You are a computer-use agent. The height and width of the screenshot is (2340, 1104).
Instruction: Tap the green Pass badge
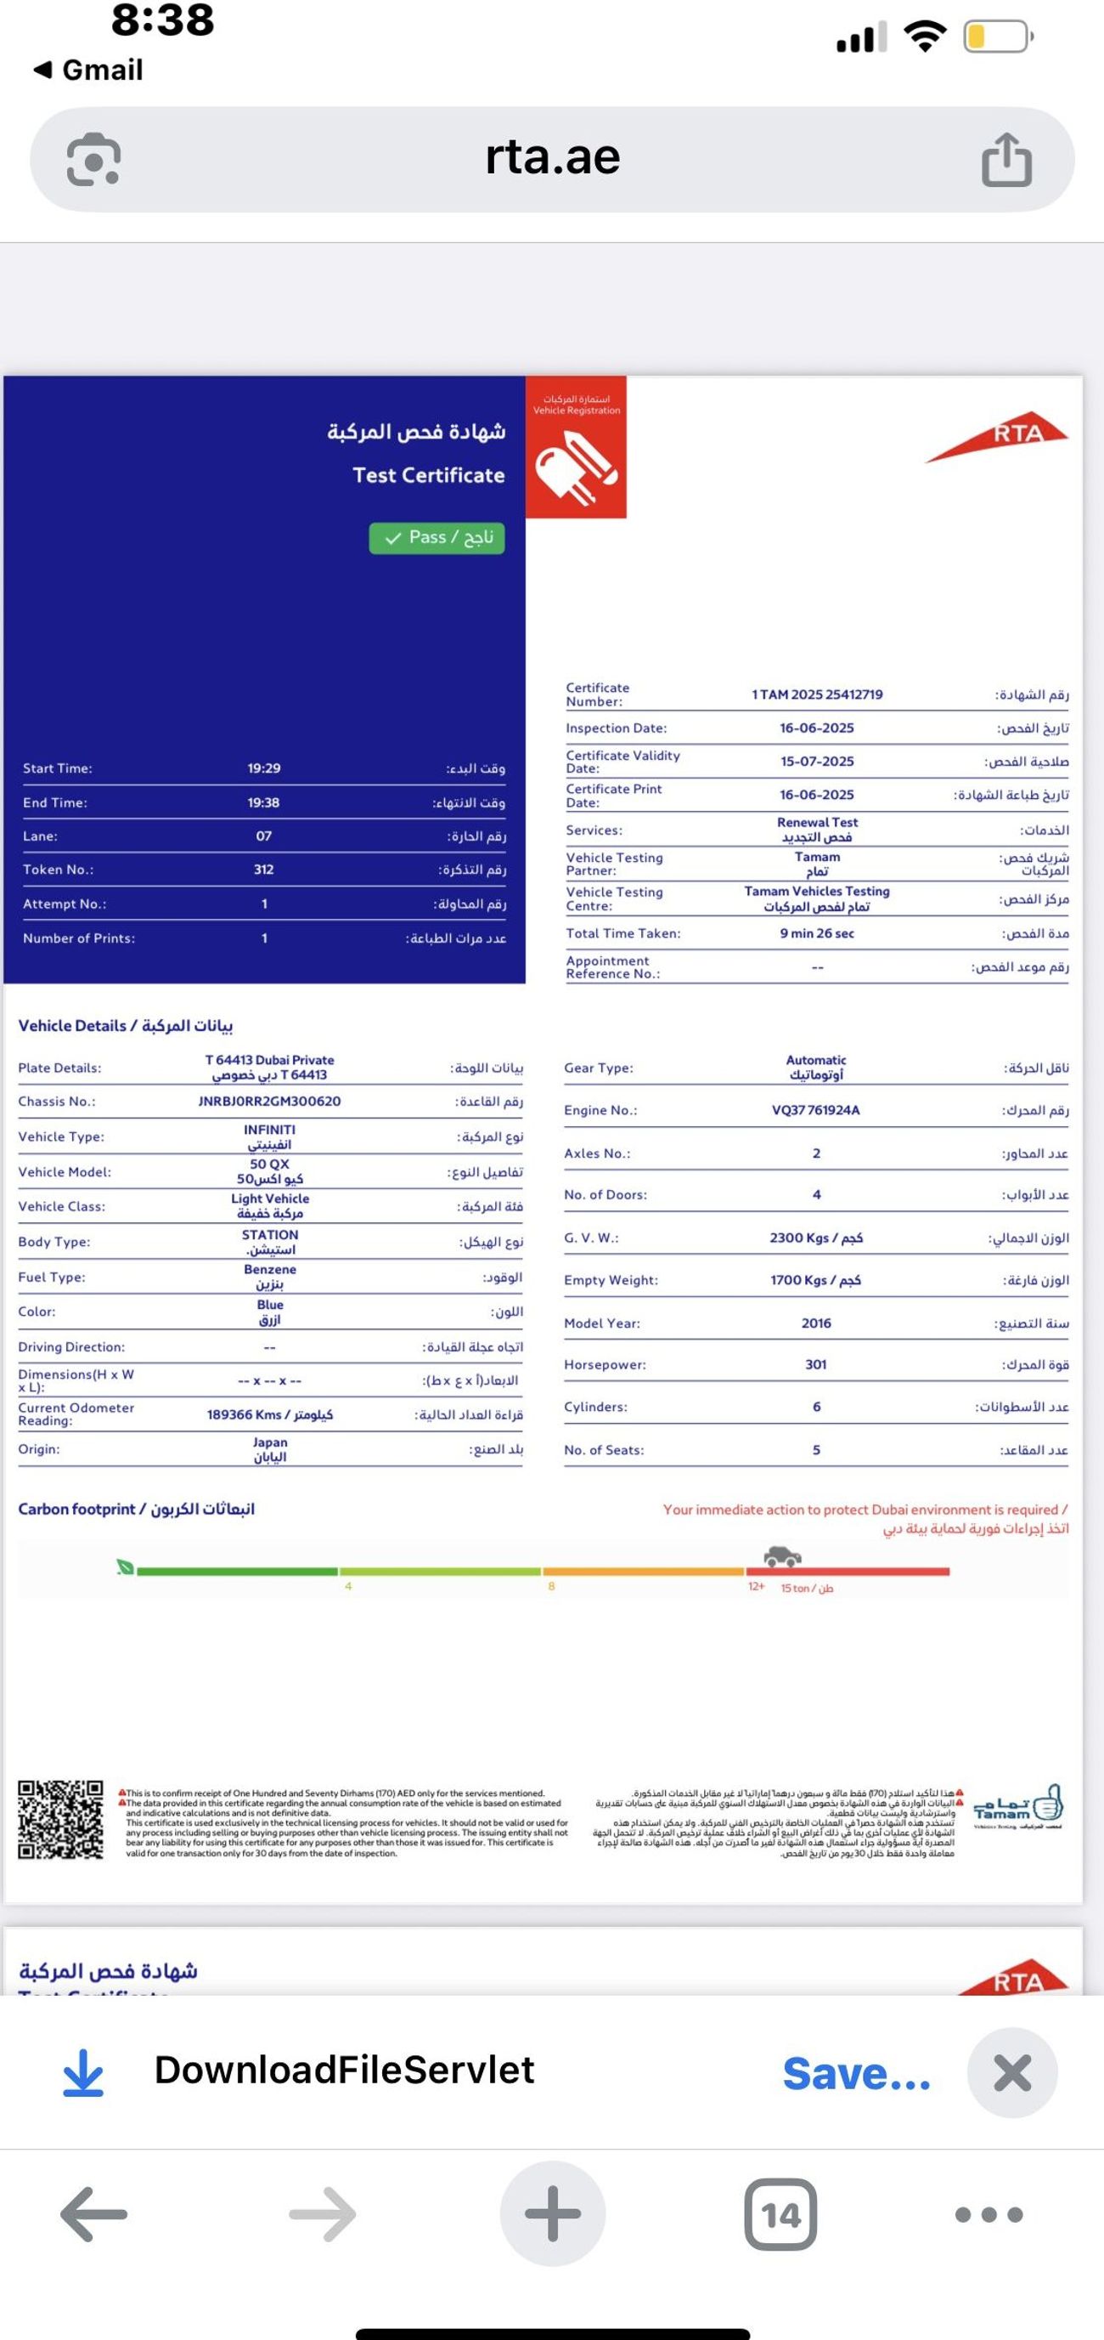point(437,538)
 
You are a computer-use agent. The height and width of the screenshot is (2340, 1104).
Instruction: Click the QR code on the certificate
point(61,1819)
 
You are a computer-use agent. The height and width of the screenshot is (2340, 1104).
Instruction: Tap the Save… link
point(856,2073)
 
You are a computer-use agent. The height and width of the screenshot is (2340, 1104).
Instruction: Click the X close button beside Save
point(1011,2073)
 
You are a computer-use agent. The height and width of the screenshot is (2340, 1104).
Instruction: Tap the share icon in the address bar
point(1007,160)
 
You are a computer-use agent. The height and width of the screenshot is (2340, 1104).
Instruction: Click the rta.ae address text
point(552,158)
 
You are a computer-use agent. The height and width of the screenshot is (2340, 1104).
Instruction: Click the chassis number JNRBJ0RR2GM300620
point(270,1101)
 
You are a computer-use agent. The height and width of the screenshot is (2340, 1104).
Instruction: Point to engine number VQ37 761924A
point(815,1110)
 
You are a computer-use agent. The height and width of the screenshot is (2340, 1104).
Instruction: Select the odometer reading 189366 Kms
point(270,1414)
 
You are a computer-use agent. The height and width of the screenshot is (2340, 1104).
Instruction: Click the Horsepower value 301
point(815,1364)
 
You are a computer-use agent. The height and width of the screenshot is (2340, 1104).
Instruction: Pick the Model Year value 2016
point(815,1323)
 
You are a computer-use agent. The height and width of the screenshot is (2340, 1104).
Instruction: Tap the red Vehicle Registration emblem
point(576,448)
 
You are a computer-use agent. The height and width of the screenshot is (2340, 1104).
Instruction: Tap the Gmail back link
point(89,70)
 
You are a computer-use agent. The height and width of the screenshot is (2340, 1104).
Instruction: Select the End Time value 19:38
point(263,802)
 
